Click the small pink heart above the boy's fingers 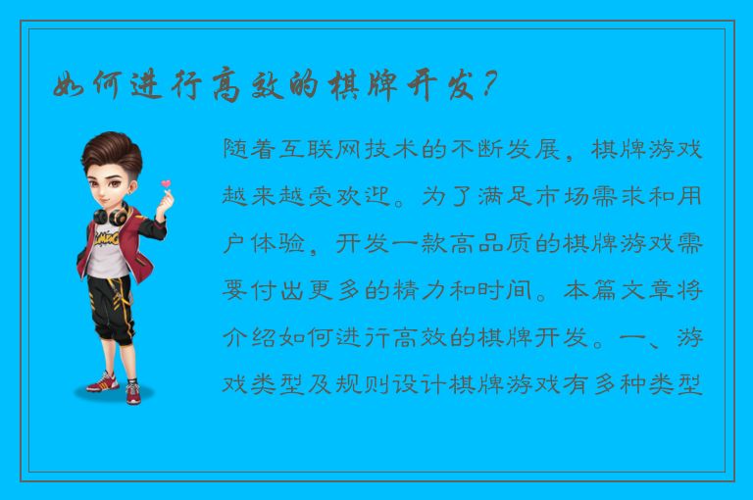(x=166, y=183)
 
